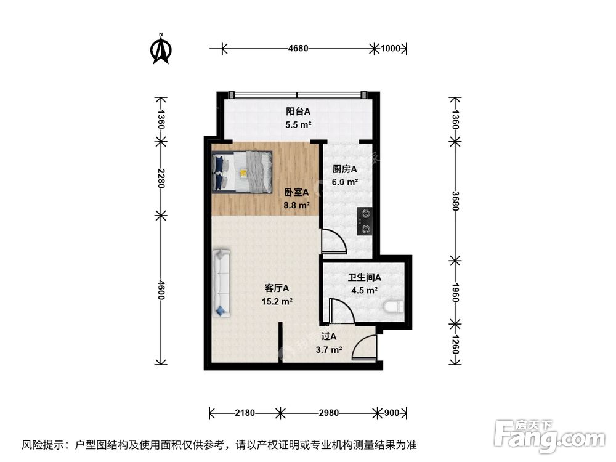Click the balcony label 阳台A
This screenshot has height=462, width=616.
298,112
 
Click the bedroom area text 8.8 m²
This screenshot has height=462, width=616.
296,206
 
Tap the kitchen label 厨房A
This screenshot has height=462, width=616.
345,169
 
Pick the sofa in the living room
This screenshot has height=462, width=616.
221,283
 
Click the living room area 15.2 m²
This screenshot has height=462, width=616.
277,302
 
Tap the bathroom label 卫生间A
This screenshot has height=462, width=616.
363,278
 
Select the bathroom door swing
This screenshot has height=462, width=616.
341,311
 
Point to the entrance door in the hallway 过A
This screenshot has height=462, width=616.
365,346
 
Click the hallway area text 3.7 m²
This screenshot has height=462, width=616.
329,350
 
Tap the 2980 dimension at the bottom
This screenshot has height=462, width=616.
328,413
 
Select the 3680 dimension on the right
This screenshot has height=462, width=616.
455,200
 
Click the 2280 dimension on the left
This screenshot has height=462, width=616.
161,179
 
